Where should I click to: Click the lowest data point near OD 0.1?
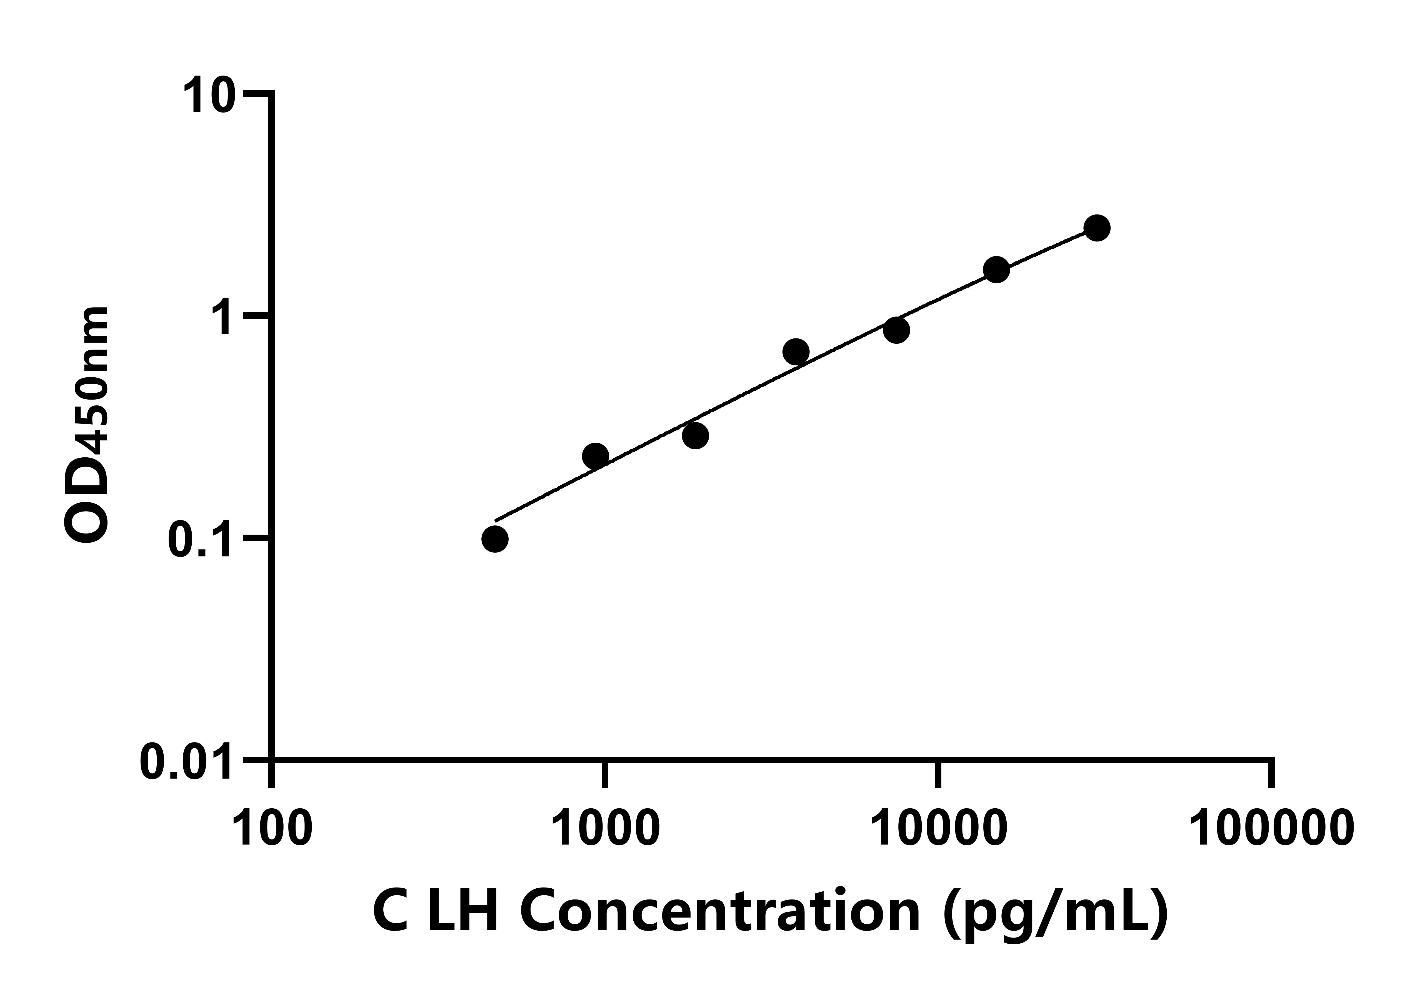[x=495, y=539]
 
